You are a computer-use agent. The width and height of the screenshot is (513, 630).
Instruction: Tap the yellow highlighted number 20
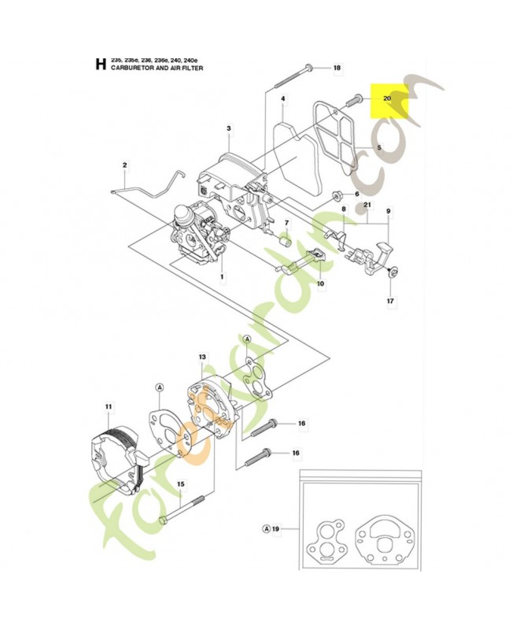[x=387, y=98]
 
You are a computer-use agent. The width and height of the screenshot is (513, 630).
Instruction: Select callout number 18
[x=337, y=69]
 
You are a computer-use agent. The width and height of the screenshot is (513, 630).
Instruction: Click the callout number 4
[x=282, y=99]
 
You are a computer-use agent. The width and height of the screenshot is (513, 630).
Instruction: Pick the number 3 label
[x=228, y=128]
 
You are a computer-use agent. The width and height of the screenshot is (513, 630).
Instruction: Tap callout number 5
[x=378, y=148]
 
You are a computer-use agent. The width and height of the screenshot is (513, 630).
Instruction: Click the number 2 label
[x=124, y=165]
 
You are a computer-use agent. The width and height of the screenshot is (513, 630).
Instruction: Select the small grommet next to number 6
[x=337, y=194]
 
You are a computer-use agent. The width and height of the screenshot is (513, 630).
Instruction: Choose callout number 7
[x=286, y=223]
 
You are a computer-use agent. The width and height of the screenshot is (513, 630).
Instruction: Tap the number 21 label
[x=367, y=206]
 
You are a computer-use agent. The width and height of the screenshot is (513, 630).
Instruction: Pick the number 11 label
[x=109, y=406]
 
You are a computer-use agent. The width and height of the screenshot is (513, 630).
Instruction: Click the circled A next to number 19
[x=266, y=528]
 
